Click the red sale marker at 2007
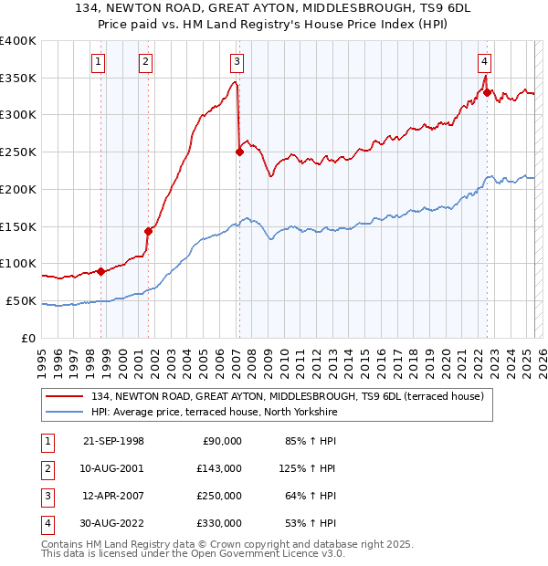click(239, 152)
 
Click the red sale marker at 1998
click(101, 270)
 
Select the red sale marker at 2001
click(148, 231)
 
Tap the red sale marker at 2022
click(488, 92)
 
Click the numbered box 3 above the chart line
click(237, 62)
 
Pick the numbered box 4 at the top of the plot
click(484, 62)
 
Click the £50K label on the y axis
click(21, 300)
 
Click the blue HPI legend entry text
click(214, 412)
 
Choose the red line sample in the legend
click(65, 395)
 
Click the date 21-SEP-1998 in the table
click(113, 441)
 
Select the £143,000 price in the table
click(220, 468)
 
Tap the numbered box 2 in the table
click(47, 468)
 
